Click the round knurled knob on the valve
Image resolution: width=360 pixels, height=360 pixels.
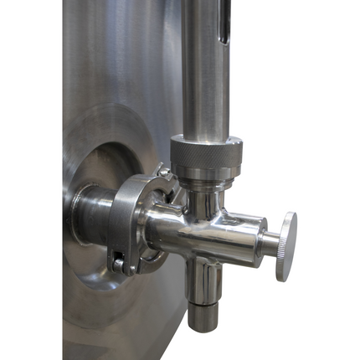286,244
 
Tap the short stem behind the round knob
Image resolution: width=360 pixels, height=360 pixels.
270,244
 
